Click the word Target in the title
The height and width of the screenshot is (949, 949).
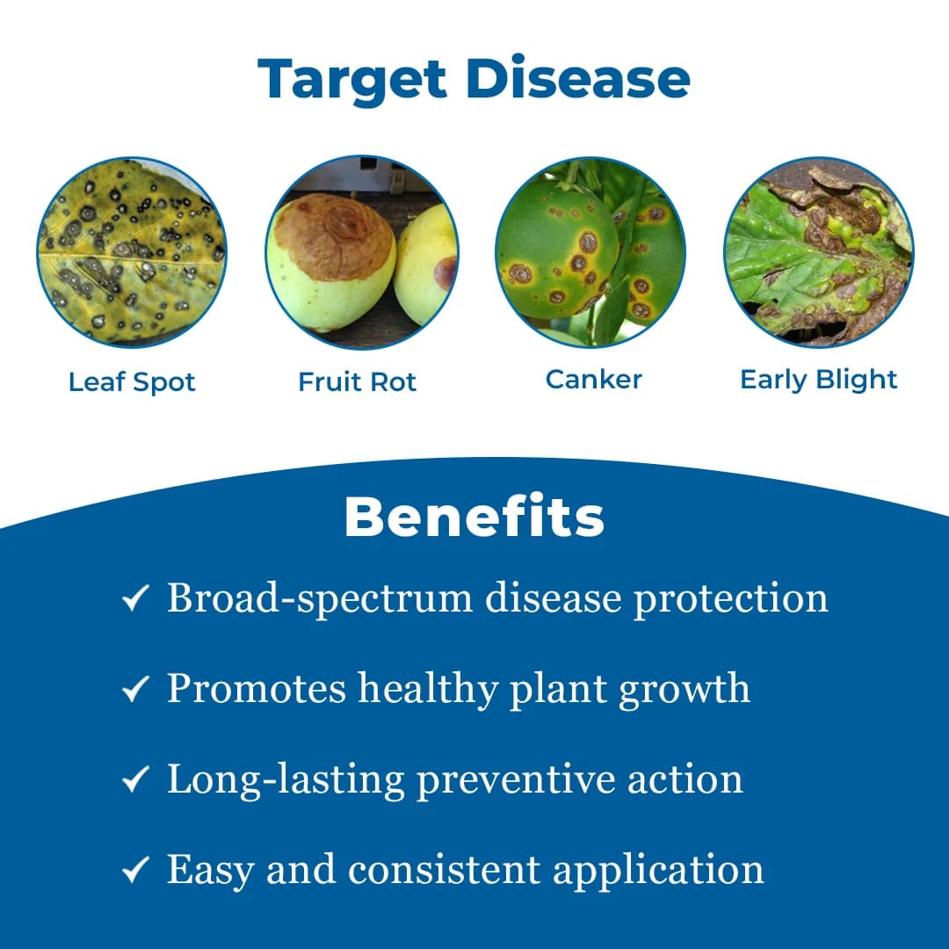352,79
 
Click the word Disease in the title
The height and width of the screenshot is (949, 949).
578,79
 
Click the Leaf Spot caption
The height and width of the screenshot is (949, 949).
132,382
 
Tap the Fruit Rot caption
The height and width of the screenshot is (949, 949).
357,382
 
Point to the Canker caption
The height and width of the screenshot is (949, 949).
593,380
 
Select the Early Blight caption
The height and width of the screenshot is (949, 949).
819,380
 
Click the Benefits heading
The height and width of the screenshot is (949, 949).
474,518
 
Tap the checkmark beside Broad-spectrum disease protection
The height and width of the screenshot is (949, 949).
134,600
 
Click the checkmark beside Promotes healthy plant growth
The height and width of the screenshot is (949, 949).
134,690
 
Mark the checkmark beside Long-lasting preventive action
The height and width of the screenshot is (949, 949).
134,779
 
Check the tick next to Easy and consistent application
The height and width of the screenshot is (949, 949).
134,870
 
